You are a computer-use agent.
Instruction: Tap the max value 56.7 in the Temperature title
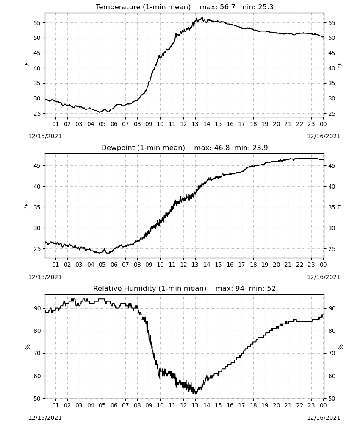(227, 7)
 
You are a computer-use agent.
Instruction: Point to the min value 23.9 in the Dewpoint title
(260, 148)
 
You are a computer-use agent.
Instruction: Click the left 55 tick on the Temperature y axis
(37, 23)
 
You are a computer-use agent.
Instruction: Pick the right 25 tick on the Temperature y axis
(332, 114)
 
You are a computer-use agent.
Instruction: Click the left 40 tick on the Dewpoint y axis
(37, 187)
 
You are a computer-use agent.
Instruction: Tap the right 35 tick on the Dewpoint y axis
(332, 207)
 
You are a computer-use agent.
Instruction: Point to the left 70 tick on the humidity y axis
(37, 354)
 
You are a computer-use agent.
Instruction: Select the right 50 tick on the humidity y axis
(332, 399)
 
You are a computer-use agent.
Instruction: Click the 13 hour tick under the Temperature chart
(195, 124)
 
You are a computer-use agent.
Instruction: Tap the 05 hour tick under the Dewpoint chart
(102, 265)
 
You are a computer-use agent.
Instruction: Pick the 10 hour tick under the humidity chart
(160, 406)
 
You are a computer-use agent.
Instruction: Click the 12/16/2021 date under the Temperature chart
(324, 136)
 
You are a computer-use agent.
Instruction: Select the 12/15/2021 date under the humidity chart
(45, 418)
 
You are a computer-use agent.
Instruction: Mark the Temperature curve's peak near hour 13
(202, 18)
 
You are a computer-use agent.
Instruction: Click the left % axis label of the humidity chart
(27, 347)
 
